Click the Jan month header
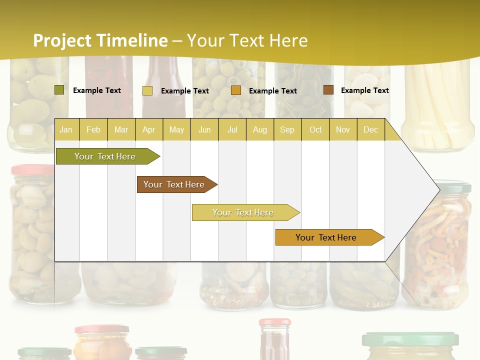coord(66,129)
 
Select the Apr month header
coord(148,129)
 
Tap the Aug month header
coord(259,129)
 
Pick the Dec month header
coord(370,129)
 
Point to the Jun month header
coord(204,129)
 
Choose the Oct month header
coord(315,129)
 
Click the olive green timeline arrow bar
coord(105,156)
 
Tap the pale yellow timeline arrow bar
coord(243,212)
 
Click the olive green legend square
coord(59,90)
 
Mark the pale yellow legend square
coord(147,90)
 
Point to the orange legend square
coord(236,90)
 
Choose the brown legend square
coord(328,90)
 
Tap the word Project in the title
coord(63,40)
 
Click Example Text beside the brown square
coord(364,90)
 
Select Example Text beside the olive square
coord(96,90)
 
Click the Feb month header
coord(93,129)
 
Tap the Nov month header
coord(342,129)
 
